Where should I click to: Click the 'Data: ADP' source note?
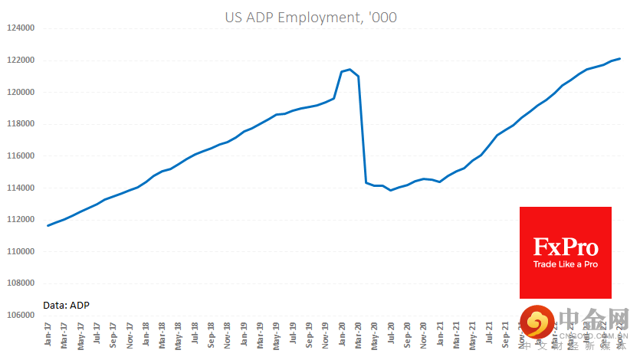tap(67, 305)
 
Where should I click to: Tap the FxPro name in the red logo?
tap(566, 247)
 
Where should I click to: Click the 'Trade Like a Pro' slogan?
tap(566, 265)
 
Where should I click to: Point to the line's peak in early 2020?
tap(350, 70)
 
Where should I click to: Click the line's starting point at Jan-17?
tap(48, 225)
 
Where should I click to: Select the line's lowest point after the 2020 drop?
tap(391, 190)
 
